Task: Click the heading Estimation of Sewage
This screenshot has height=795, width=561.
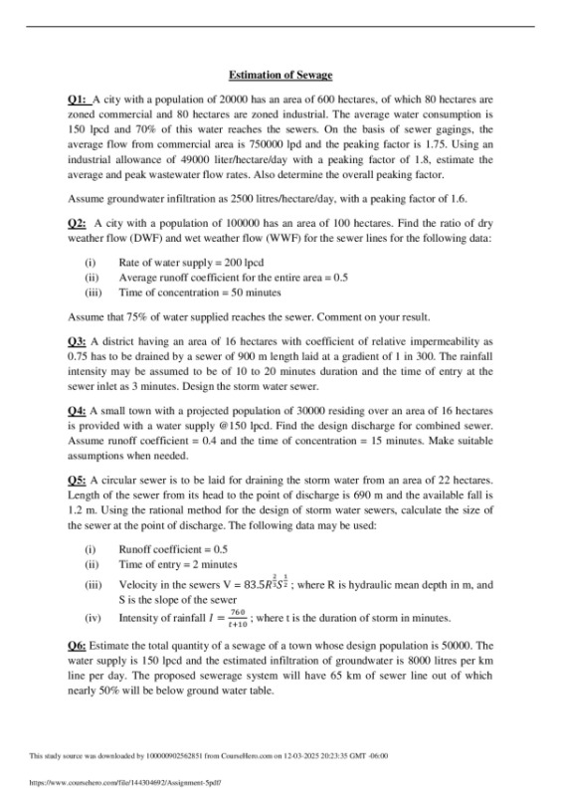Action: coord(280,76)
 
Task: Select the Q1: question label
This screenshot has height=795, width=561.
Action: coord(77,100)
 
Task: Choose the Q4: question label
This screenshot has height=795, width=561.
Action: coord(77,410)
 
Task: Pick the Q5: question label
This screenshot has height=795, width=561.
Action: coord(77,480)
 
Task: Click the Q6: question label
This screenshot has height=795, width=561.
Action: coord(77,646)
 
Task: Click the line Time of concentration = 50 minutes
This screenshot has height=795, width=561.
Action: coord(199,293)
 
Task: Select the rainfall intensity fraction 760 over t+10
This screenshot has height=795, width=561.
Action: coord(238,616)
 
